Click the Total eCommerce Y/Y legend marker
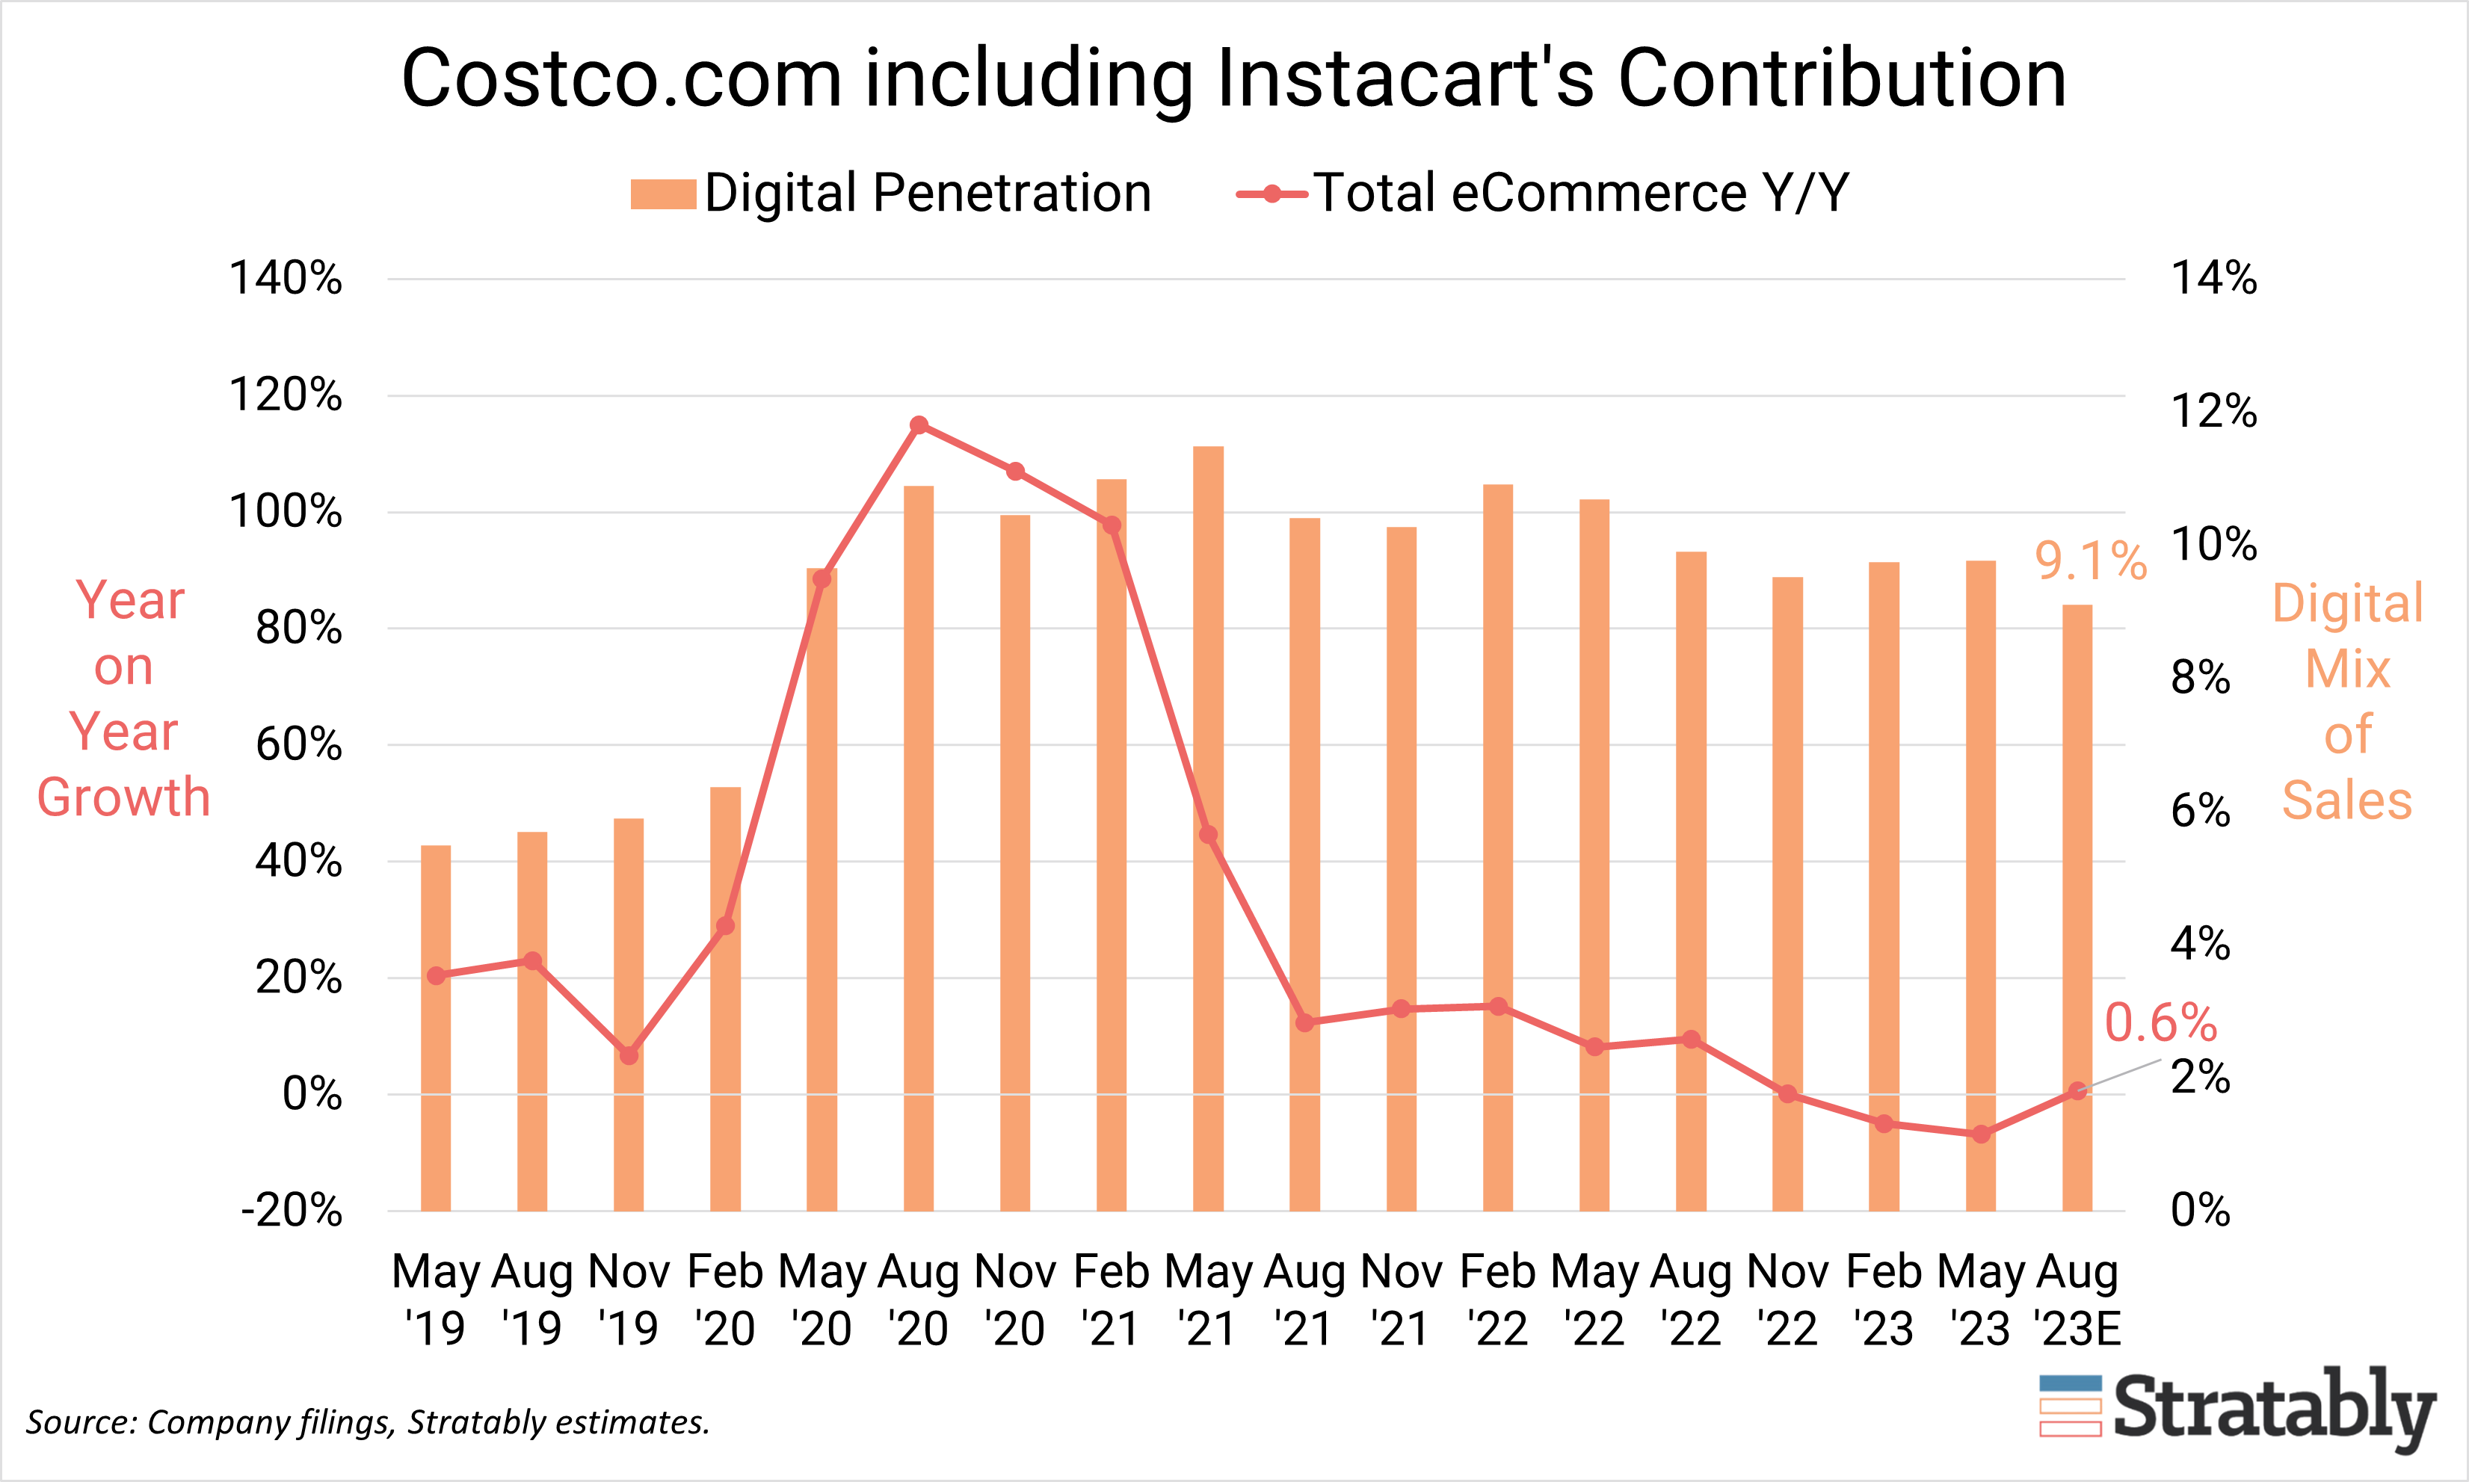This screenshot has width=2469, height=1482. coord(1272,194)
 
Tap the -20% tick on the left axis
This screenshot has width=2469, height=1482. coord(292,1211)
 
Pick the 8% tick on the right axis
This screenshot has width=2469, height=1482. coord(2201,677)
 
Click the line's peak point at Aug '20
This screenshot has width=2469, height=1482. coord(919,425)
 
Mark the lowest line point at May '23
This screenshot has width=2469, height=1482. coord(1982,1134)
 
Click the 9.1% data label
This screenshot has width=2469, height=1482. coord(2091,561)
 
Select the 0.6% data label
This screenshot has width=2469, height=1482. coord(2160,1022)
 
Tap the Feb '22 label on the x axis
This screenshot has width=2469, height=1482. coord(1497,1299)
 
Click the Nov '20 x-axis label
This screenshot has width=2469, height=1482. coord(1015,1299)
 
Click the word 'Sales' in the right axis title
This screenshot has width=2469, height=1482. coord(2346,800)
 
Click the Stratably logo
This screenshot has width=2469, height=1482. coord(2237,1408)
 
